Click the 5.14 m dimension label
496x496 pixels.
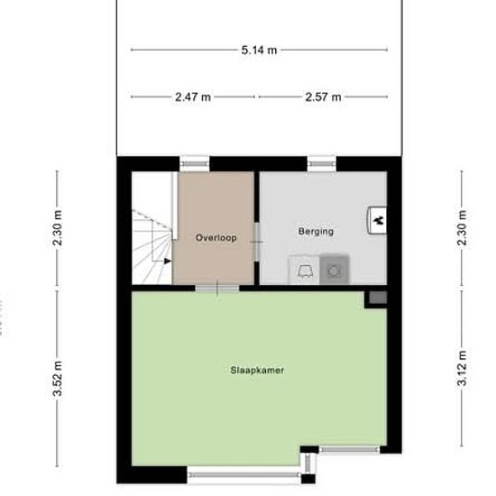[259, 51]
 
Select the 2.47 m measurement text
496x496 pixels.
[193, 96]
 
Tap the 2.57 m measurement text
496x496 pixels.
[323, 96]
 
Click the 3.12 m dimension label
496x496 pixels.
[462, 372]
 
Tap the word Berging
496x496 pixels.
[316, 232]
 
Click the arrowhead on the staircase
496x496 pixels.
[168, 262]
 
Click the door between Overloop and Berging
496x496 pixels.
[256, 244]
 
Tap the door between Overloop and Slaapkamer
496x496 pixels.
[217, 288]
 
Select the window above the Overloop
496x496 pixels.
[194, 163]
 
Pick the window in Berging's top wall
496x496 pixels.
[320, 163]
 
